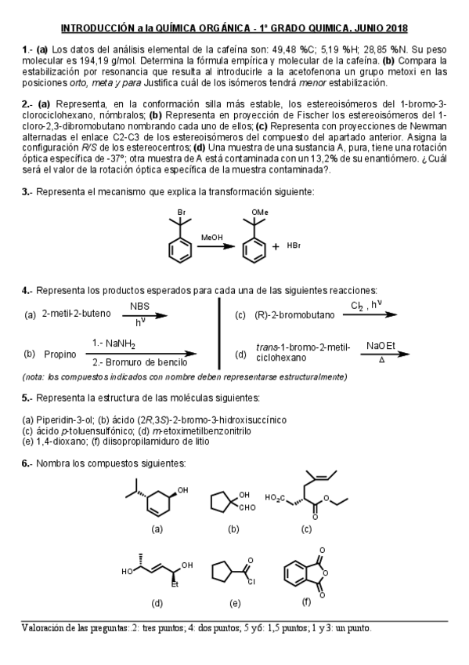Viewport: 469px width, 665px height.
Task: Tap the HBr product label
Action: point(294,246)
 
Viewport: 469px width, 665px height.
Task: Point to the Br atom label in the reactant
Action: point(181,213)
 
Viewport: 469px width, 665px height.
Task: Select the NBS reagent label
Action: point(139,307)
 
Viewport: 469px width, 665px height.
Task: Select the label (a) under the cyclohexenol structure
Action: point(157,529)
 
